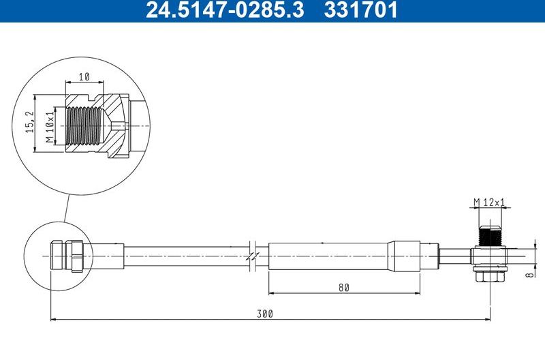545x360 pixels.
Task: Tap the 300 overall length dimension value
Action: (x=265, y=314)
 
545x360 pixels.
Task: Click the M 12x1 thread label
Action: (x=490, y=202)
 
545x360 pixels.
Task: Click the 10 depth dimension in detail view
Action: (x=84, y=78)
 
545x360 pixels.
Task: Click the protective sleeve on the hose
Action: (x=330, y=256)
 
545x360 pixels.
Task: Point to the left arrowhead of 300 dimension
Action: (x=54, y=319)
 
